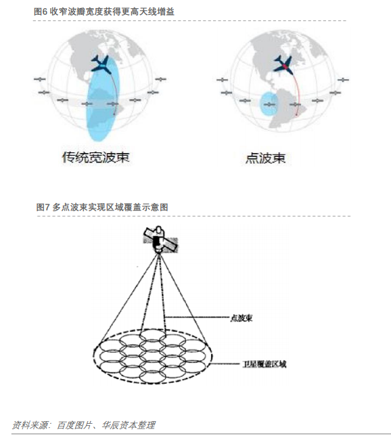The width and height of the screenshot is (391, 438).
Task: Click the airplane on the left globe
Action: [101, 64]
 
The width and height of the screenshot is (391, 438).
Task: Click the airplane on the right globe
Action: [284, 65]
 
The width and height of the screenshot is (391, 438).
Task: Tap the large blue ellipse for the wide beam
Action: [102, 98]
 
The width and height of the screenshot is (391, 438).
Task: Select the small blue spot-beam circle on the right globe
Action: [269, 104]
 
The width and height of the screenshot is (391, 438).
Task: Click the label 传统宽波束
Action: [96, 158]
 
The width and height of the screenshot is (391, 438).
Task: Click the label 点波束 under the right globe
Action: [265, 158]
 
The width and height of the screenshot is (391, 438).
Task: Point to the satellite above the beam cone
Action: [160, 240]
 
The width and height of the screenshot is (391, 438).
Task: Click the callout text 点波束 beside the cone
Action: [241, 318]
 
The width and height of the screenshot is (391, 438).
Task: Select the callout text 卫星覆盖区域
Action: [264, 364]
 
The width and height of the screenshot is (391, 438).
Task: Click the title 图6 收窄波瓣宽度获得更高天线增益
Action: [104, 12]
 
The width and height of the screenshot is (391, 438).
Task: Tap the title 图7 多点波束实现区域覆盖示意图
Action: [102, 207]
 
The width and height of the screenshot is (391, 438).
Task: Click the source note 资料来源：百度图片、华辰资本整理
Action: [83, 425]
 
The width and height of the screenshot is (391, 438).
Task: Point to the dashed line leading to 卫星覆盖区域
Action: [225, 364]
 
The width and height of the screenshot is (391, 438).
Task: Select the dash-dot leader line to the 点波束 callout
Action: [197, 317]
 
